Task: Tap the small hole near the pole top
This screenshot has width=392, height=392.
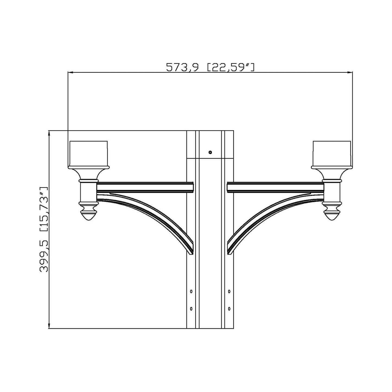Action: [x=210, y=152]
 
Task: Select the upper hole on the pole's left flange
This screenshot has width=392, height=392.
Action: [x=191, y=291]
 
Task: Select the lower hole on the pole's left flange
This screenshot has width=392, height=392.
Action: [x=191, y=309]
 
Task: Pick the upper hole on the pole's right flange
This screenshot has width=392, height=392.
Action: [x=229, y=291]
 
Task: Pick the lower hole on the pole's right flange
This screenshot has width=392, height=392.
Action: [x=229, y=309]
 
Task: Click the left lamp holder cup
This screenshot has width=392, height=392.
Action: [x=88, y=153]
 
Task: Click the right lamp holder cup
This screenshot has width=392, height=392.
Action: [x=332, y=153]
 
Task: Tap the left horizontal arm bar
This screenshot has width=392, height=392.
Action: [x=145, y=187]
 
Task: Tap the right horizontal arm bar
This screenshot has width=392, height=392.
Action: [x=275, y=187]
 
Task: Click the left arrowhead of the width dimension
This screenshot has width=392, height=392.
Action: [x=70, y=72]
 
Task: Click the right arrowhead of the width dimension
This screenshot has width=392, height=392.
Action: [x=350, y=72]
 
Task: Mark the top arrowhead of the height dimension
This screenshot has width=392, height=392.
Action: [x=49, y=133]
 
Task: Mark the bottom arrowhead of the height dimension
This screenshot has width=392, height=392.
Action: [x=49, y=326]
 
